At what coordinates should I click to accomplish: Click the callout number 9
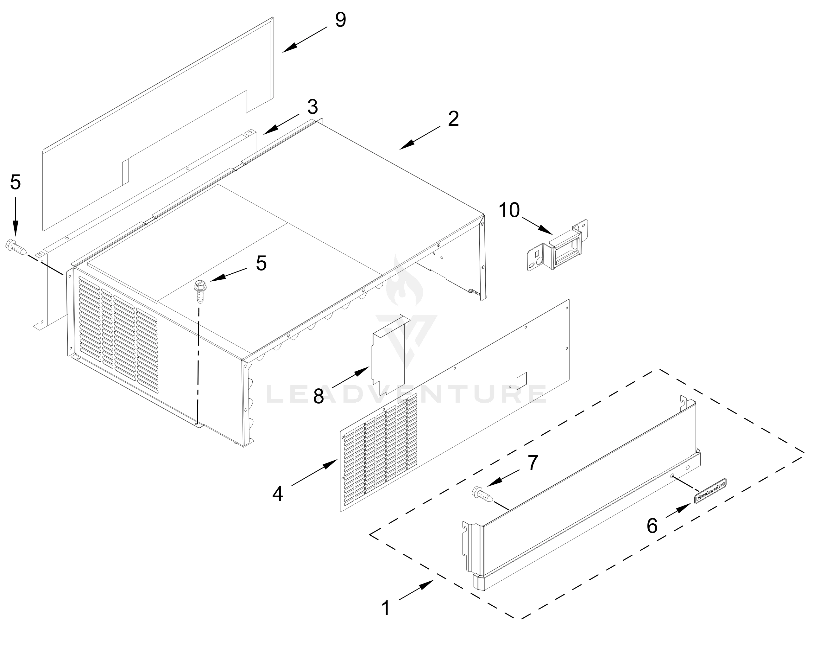[340, 20]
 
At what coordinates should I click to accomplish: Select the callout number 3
[312, 107]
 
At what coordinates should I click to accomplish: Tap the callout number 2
[453, 119]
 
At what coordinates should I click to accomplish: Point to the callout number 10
[509, 210]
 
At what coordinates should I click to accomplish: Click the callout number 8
[318, 396]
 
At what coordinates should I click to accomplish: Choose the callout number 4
[278, 494]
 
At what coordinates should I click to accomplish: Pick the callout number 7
[533, 462]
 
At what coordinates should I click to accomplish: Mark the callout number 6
[652, 526]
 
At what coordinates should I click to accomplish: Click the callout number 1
[385, 609]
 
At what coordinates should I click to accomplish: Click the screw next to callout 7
[482, 494]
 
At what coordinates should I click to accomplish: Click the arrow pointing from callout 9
[305, 39]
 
